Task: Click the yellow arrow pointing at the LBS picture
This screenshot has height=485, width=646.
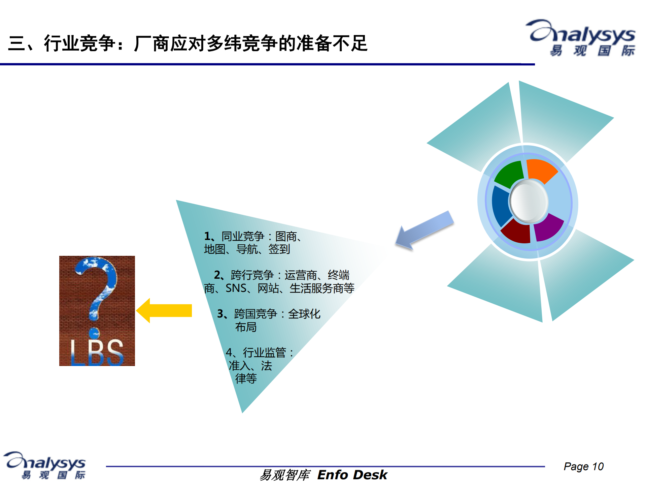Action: point(165,310)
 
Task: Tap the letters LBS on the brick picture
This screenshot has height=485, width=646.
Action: point(97,352)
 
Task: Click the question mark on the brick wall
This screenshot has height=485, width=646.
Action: point(97,290)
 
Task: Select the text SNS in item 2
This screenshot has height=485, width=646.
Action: point(236,288)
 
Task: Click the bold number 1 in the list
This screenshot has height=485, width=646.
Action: point(207,236)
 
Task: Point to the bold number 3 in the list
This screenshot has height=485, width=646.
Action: point(220,314)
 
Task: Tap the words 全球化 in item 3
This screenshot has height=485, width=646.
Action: point(304,314)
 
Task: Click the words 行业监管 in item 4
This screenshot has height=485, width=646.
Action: point(264,353)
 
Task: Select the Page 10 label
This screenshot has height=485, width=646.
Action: point(583,466)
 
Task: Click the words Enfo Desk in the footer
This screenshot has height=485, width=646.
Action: point(352,475)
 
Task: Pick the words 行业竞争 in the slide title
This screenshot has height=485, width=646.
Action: point(79,43)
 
